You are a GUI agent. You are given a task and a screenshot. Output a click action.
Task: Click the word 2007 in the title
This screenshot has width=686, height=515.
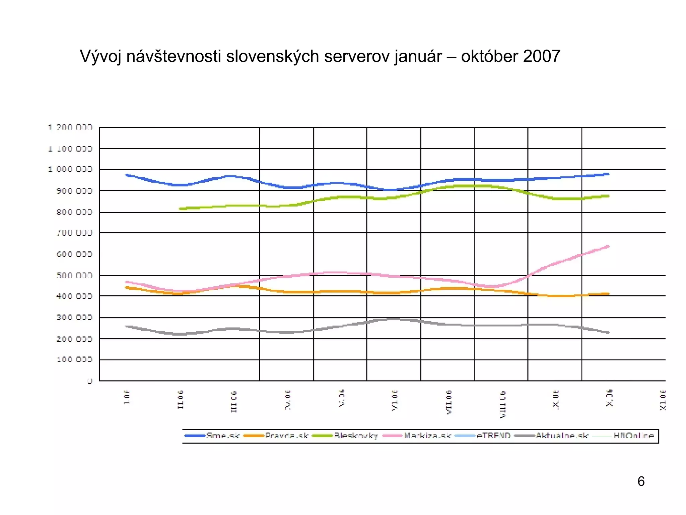(x=541, y=56)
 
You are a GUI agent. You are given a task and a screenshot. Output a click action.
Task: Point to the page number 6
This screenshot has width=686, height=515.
(x=641, y=481)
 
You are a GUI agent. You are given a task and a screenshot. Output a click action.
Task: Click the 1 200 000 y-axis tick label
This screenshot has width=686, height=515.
(x=70, y=127)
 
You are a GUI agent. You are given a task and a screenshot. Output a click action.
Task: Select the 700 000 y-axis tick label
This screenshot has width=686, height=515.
(x=74, y=233)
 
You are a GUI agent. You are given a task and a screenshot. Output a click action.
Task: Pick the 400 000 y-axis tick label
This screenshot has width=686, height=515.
(x=74, y=296)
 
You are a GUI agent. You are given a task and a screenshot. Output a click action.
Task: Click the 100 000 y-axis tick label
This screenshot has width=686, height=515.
(x=74, y=359)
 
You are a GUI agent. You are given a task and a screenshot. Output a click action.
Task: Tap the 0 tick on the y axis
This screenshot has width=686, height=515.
(x=89, y=381)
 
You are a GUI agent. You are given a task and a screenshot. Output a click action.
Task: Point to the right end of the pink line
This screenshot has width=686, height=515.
(x=608, y=246)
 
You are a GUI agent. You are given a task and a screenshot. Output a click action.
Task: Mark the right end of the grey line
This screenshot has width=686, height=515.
(x=608, y=332)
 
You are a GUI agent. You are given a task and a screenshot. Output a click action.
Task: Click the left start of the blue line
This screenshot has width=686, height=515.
(x=126, y=175)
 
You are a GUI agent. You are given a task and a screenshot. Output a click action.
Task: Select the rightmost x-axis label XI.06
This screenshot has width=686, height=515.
(x=663, y=400)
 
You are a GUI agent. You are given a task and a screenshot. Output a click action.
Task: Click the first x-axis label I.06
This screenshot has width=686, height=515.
(x=127, y=397)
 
